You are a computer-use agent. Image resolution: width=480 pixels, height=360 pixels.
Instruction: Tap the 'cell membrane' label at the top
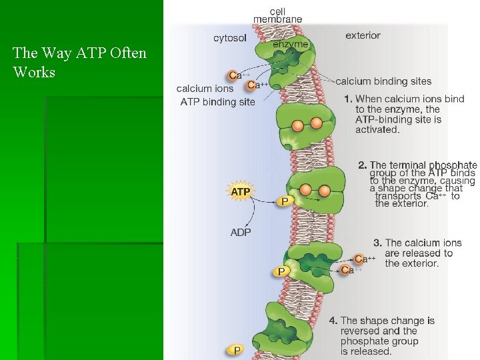(286, 15)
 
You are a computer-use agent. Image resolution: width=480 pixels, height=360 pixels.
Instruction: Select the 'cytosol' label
(230, 38)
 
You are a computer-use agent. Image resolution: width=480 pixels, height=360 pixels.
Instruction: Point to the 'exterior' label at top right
(363, 35)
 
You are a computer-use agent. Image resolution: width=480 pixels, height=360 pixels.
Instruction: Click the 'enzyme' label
(291, 45)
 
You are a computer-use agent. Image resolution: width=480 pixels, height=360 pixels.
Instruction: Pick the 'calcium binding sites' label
(383, 81)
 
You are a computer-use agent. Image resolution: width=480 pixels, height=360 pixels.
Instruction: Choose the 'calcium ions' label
(205, 89)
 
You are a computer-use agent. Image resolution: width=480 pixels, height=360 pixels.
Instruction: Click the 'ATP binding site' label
(218, 102)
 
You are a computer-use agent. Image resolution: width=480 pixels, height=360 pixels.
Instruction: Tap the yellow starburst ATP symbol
(241, 192)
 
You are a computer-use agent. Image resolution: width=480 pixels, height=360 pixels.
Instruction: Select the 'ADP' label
(241, 233)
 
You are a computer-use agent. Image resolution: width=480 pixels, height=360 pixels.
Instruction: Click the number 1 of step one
(348, 99)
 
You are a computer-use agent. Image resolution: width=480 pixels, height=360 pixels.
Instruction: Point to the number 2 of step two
(362, 165)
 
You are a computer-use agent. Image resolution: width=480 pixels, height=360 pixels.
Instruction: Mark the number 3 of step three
(377, 243)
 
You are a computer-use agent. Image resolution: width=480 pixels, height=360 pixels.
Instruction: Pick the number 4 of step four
(333, 321)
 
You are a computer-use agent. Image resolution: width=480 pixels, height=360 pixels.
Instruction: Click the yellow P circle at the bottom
(235, 349)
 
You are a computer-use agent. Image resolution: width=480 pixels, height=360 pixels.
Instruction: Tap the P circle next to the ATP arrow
(285, 201)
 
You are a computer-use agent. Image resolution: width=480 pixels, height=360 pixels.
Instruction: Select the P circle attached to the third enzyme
(281, 271)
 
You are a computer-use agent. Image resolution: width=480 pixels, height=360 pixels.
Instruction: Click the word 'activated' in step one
(377, 129)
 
